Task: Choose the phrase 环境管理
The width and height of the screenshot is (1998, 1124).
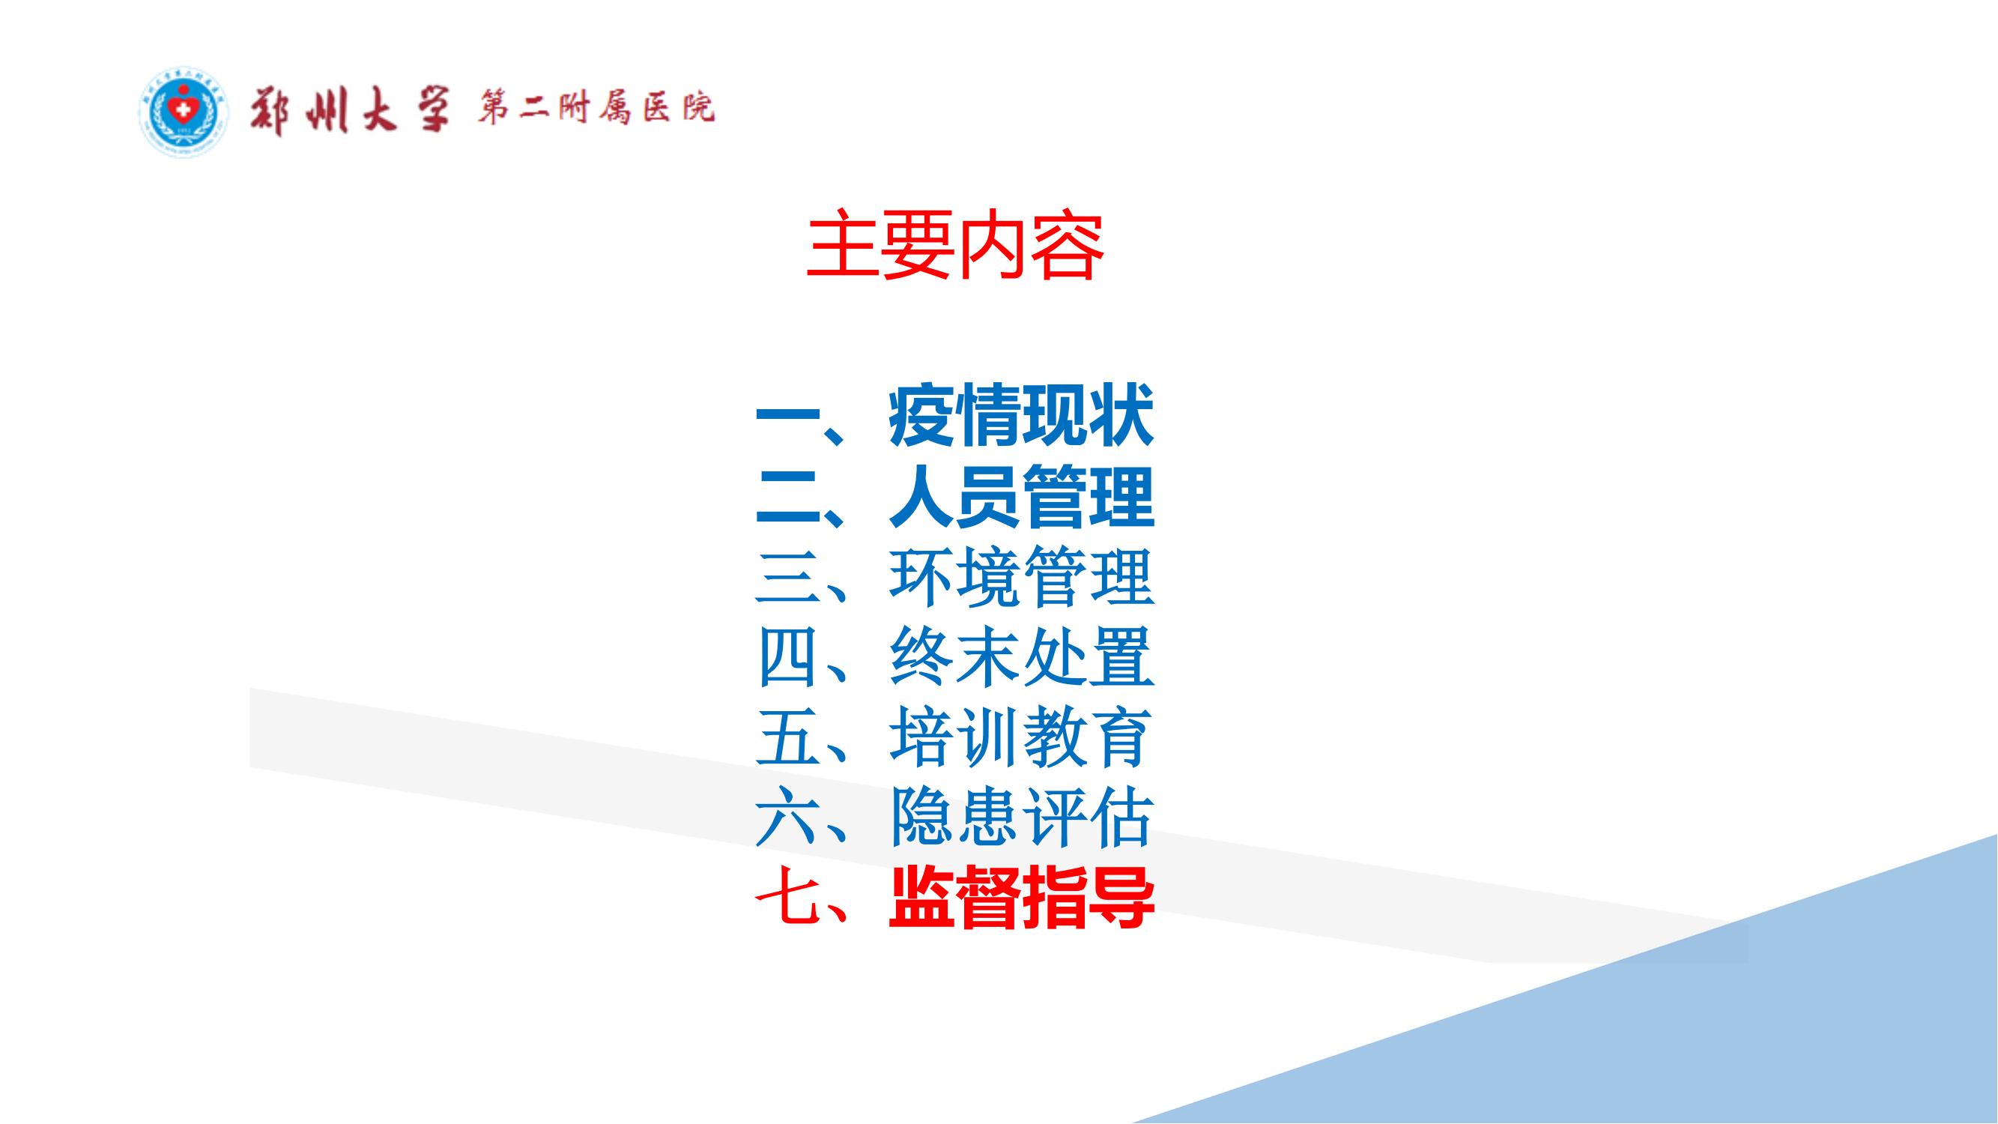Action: [1020, 578]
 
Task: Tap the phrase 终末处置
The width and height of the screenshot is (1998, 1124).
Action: [1020, 659]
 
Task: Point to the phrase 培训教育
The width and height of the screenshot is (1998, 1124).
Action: [1020, 739]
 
